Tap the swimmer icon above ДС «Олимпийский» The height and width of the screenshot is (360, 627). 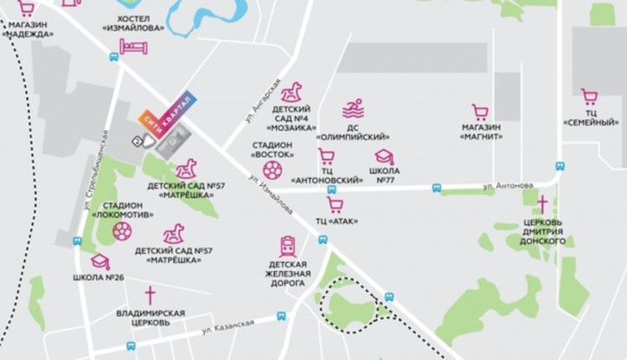tap(352, 110)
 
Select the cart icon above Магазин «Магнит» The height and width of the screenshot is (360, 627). tap(481, 112)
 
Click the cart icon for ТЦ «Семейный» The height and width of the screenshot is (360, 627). tap(590, 96)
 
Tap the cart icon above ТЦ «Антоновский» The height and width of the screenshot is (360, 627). tap(326, 157)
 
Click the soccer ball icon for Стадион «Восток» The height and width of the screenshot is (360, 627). tap(272, 167)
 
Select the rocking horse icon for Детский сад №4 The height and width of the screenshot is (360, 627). tap(293, 91)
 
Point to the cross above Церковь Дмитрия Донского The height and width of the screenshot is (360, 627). tap(543, 204)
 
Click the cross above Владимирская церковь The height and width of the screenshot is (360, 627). tap(150, 294)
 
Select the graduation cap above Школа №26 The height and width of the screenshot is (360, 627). tap(99, 261)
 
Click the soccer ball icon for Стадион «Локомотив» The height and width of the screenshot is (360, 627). tap(123, 232)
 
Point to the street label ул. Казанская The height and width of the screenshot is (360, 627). tap(223, 329)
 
